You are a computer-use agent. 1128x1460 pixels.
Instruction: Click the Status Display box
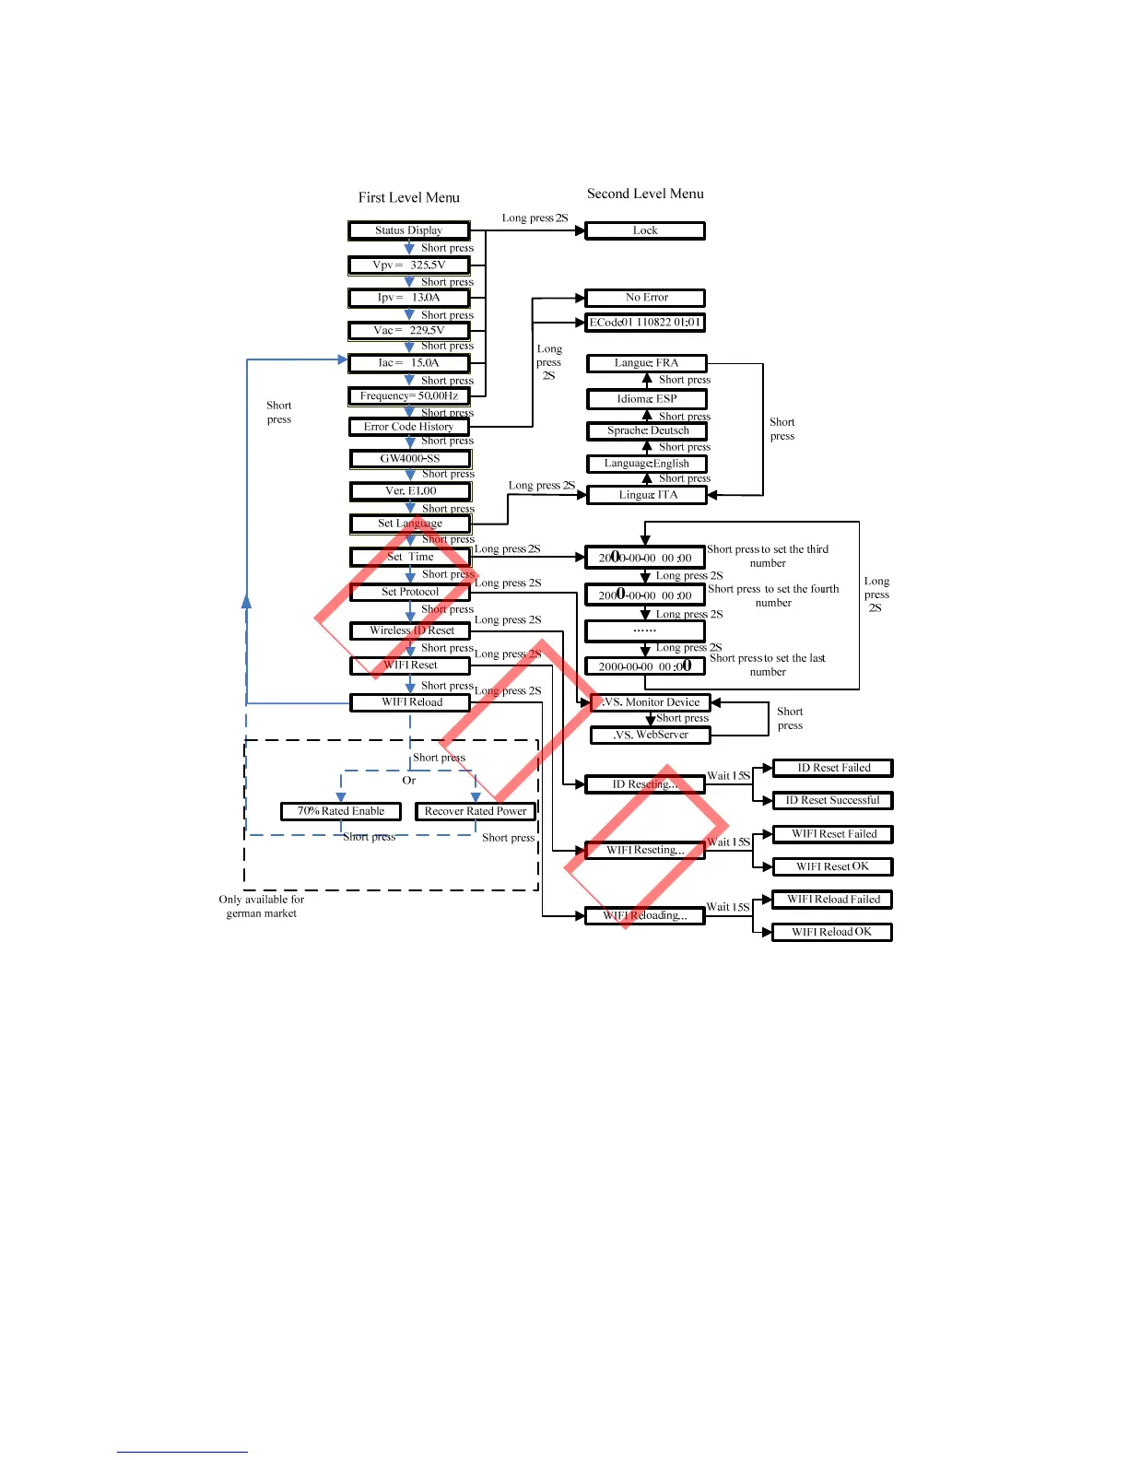409,230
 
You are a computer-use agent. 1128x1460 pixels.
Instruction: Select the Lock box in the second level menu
645,230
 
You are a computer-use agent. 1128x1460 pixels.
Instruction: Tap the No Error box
645,298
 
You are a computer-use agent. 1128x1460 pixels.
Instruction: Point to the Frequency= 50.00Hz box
409,396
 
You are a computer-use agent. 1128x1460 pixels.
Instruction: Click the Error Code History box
409,427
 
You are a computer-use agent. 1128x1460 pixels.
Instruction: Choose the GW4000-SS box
410,459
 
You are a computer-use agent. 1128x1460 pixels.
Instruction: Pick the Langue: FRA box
647,363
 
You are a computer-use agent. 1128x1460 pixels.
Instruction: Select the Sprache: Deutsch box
647,430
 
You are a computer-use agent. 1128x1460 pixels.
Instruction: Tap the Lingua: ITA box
647,495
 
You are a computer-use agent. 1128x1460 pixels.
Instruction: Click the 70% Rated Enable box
341,811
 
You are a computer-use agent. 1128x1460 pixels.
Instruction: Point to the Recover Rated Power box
476,811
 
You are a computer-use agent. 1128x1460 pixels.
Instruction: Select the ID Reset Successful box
832,801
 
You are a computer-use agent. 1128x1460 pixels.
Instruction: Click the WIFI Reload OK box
832,932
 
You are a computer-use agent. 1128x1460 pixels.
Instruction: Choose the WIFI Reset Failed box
833,834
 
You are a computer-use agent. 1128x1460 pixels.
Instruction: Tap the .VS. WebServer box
651,736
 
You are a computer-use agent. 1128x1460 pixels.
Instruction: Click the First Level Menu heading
409,197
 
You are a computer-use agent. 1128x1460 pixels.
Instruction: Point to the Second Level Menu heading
645,194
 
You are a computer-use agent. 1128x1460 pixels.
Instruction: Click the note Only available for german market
262,906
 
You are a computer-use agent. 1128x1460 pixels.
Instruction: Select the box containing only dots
645,631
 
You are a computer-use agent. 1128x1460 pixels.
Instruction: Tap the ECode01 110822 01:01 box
645,323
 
